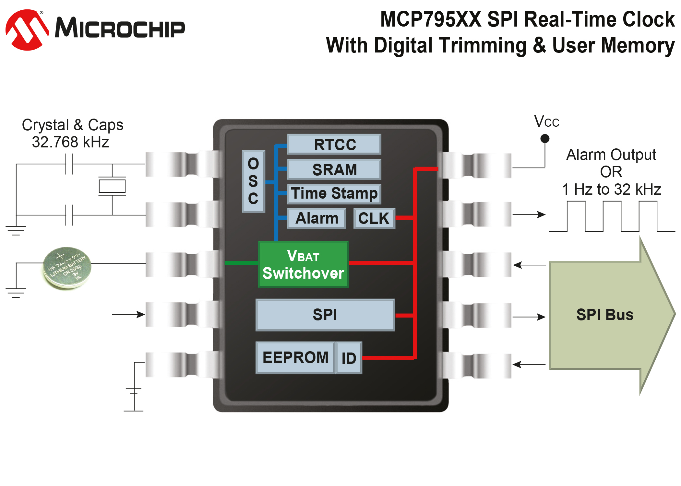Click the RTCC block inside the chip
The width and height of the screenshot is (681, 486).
click(x=334, y=145)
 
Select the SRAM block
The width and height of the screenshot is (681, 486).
click(x=334, y=169)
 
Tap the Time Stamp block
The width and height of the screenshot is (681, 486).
click(x=334, y=194)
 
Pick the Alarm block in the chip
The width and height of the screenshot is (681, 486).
click(x=317, y=218)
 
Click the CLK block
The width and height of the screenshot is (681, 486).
click(x=374, y=218)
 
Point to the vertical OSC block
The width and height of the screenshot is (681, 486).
click(x=253, y=181)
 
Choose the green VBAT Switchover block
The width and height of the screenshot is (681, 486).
click(x=303, y=264)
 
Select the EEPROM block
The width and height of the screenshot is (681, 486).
click(x=295, y=358)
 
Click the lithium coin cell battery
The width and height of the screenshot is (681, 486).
click(x=67, y=268)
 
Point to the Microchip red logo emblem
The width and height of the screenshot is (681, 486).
click(x=27, y=30)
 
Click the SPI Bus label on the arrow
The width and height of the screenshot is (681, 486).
click(x=605, y=315)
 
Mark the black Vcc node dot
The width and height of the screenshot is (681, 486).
click(x=545, y=139)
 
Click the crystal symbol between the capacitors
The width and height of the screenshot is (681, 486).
click(x=112, y=186)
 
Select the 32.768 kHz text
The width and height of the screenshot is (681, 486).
click(x=70, y=142)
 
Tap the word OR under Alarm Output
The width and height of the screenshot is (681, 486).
click(x=611, y=172)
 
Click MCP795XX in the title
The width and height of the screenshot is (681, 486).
click(x=430, y=19)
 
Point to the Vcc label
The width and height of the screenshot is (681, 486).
click(x=547, y=122)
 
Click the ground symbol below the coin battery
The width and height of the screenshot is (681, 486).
click(x=16, y=293)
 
